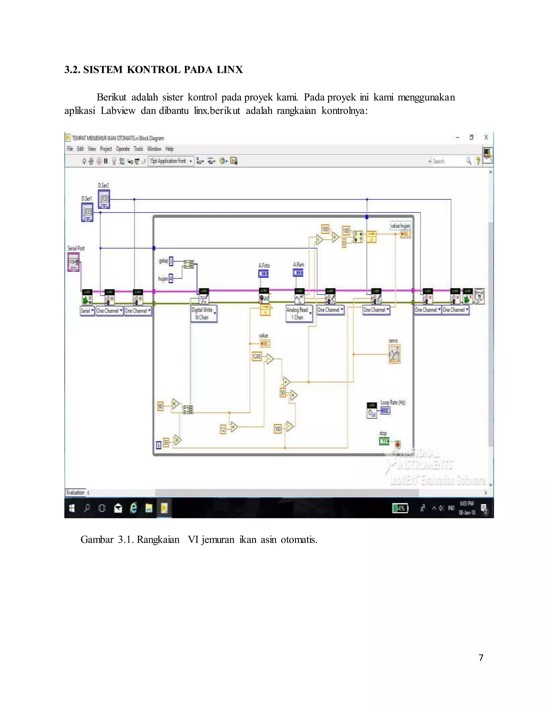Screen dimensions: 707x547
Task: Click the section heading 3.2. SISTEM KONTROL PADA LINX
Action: coord(153,70)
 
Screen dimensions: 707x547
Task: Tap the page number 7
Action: coord(481,657)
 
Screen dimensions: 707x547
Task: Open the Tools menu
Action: coord(138,149)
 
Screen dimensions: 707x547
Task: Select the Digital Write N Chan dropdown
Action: coord(204,314)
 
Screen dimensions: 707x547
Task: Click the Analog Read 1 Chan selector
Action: coord(299,313)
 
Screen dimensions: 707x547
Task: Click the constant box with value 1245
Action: coord(257,357)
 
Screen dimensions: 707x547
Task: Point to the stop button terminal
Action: coord(384,441)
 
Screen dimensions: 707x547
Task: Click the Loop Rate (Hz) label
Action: coord(393,402)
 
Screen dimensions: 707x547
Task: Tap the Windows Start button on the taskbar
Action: coord(72,508)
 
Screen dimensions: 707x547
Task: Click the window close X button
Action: coord(486,137)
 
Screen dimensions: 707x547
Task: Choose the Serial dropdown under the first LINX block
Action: coord(87,311)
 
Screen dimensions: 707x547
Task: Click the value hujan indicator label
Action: coord(400,226)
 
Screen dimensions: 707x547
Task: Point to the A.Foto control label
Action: coord(264,265)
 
